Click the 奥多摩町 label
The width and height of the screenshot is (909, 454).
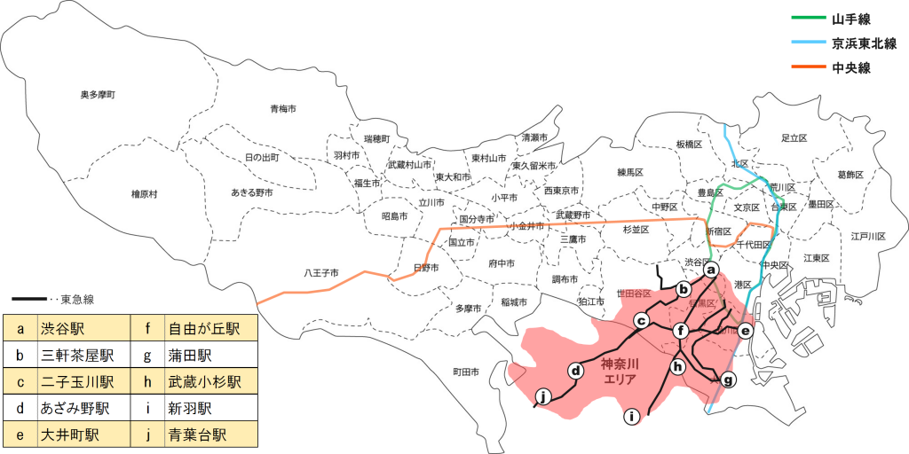point(98,94)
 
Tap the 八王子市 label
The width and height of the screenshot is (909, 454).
point(320,273)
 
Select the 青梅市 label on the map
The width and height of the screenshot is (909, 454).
point(283,108)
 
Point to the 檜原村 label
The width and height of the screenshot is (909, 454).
point(144,193)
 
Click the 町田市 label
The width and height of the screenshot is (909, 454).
point(465,372)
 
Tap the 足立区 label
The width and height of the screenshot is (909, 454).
point(794,138)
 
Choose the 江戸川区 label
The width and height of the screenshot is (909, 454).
point(868,237)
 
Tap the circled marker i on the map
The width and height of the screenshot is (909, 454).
point(631,415)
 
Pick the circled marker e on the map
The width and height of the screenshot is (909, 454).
point(746,331)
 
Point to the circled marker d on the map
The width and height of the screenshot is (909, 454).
point(575,371)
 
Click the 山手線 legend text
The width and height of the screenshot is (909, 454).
point(850,19)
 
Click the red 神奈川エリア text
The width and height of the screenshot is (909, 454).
point(620,371)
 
